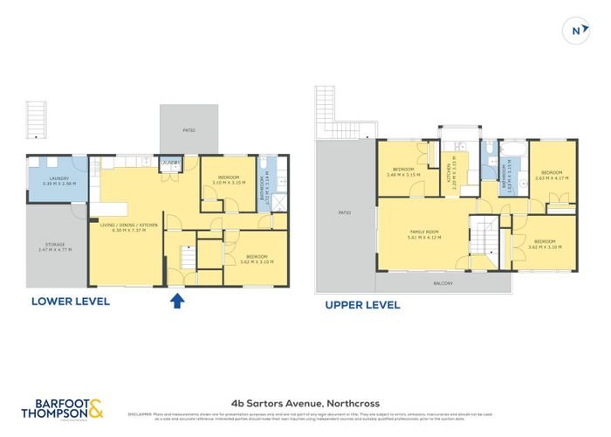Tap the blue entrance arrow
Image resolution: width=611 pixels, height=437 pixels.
pyautogui.click(x=177, y=301)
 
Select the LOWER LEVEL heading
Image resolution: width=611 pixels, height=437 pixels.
pyautogui.click(x=70, y=302)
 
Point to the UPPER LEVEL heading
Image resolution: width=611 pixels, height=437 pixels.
pyautogui.click(x=362, y=305)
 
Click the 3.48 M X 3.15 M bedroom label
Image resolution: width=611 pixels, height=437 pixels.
pyautogui.click(x=402, y=171)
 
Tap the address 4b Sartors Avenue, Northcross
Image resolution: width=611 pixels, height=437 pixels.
pyautogui.click(x=305, y=403)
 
